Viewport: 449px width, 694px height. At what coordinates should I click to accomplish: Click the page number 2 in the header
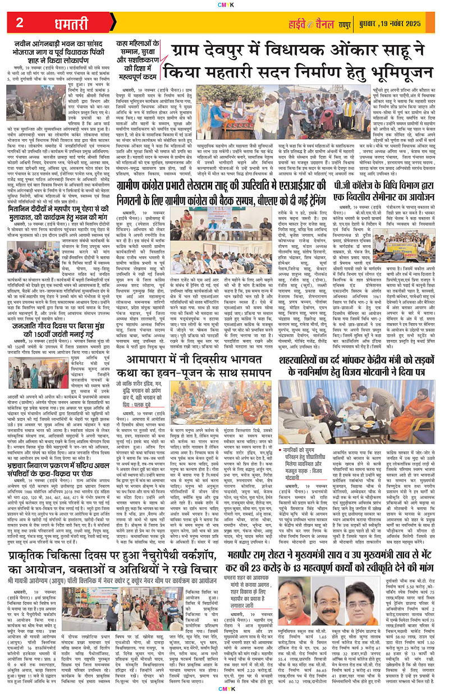pos(19,22)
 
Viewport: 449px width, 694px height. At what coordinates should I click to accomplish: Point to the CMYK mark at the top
pos(224,4)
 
